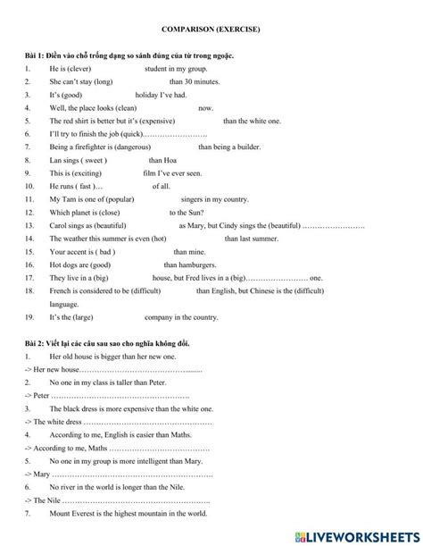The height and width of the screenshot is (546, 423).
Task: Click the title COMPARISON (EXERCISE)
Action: tap(212, 29)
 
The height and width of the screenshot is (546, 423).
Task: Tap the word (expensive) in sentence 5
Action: tap(170, 121)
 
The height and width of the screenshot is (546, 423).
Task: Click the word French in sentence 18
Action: tap(62, 291)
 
